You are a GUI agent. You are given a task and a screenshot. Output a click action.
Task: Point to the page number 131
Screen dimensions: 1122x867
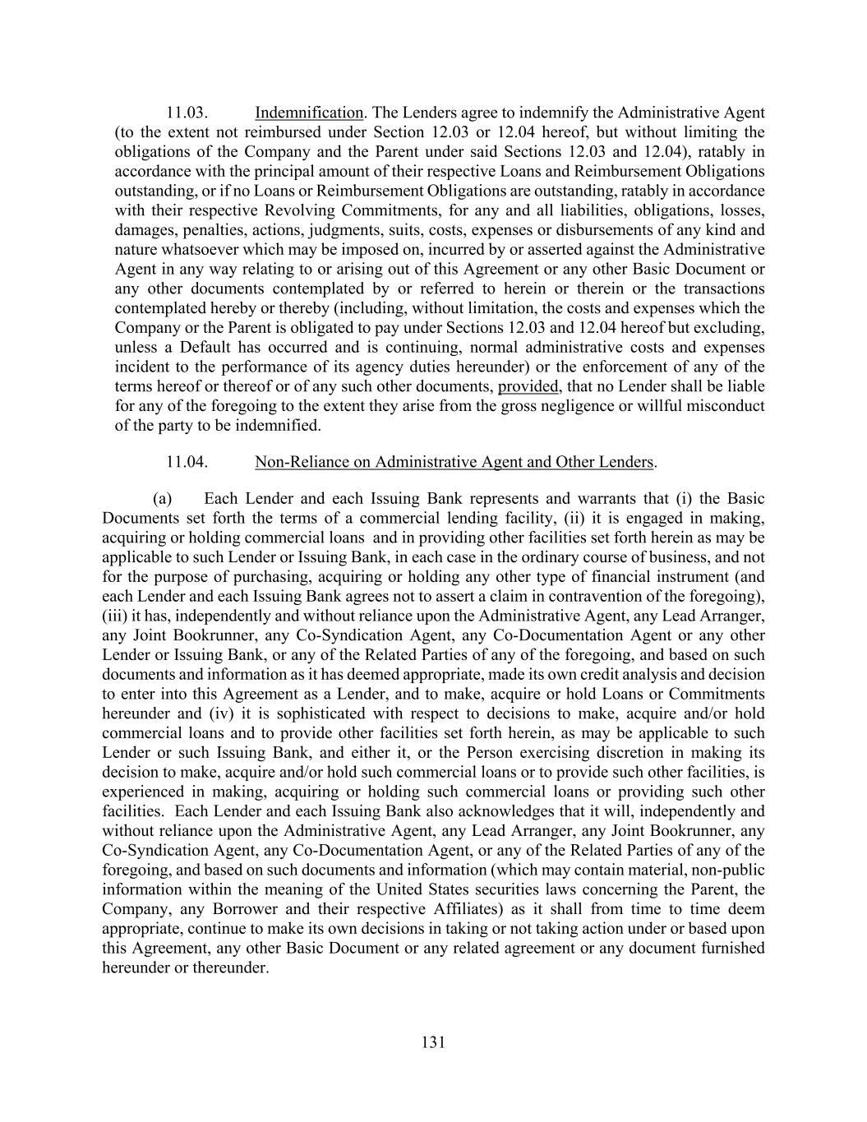point(433,1042)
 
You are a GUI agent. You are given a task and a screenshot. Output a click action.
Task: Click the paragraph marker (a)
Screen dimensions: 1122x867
point(162,498)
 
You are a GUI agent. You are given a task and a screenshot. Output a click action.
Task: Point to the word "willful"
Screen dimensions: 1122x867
point(660,406)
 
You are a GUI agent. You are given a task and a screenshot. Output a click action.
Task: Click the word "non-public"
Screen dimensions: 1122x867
point(727,870)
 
